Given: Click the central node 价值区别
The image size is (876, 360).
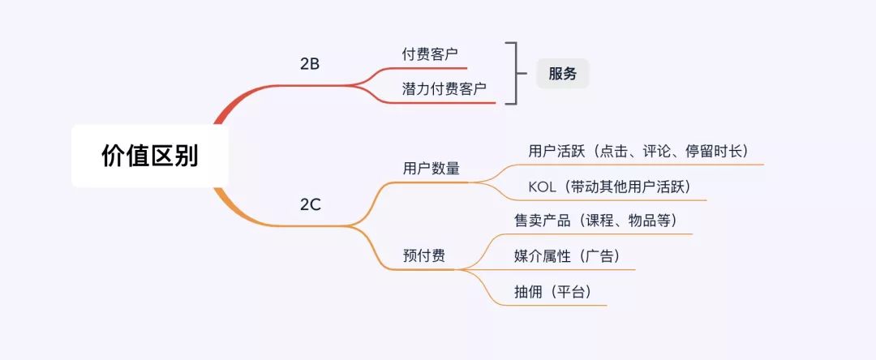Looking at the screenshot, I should [150, 156].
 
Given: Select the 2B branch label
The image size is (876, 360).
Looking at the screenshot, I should [310, 63].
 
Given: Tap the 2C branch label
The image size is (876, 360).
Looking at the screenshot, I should [311, 205].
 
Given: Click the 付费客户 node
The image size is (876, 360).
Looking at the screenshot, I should [429, 54].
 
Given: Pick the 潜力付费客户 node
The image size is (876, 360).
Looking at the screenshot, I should [444, 89].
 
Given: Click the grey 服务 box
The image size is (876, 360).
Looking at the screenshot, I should [562, 74].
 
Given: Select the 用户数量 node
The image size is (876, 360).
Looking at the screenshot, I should [431, 169].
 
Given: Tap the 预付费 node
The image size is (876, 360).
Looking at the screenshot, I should [423, 255].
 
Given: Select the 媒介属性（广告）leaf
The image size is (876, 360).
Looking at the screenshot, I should [566, 256].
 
